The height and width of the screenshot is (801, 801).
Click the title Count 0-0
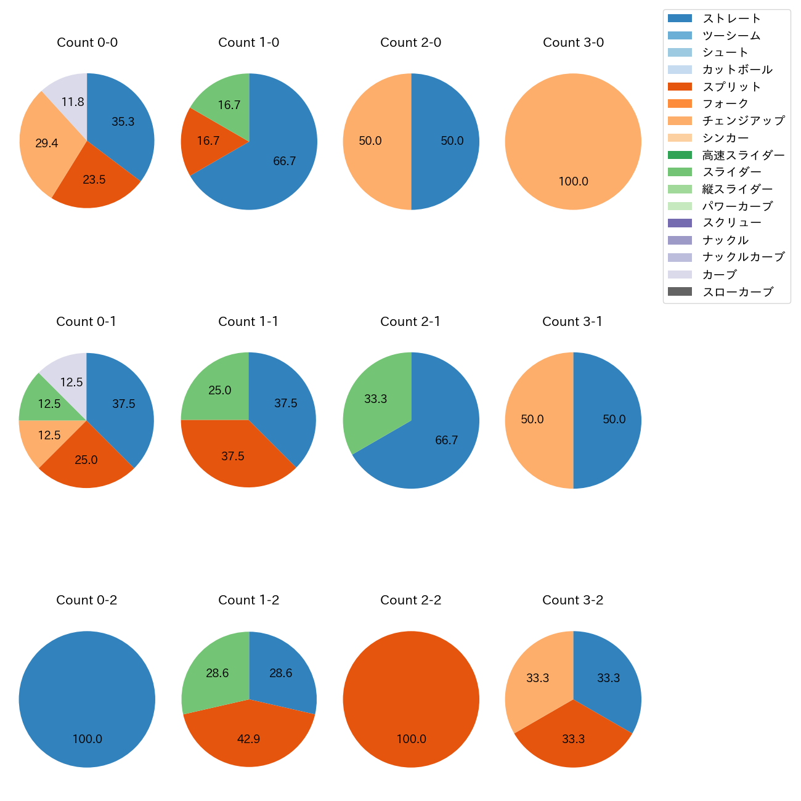87,43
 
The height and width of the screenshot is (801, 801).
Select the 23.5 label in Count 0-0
94,180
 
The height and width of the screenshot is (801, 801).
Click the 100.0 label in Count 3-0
573,182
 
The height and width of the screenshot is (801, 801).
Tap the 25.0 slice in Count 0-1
86,459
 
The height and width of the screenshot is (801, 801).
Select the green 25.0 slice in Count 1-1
219,390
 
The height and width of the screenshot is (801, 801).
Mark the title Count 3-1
572,322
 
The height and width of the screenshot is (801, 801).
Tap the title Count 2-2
411,600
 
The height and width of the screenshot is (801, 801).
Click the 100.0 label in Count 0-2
87,739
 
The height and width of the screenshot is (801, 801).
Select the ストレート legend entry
731,18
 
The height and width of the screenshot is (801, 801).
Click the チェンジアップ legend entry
743,121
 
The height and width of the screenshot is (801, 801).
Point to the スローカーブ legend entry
738,292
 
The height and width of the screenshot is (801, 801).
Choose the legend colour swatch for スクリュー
680,223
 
